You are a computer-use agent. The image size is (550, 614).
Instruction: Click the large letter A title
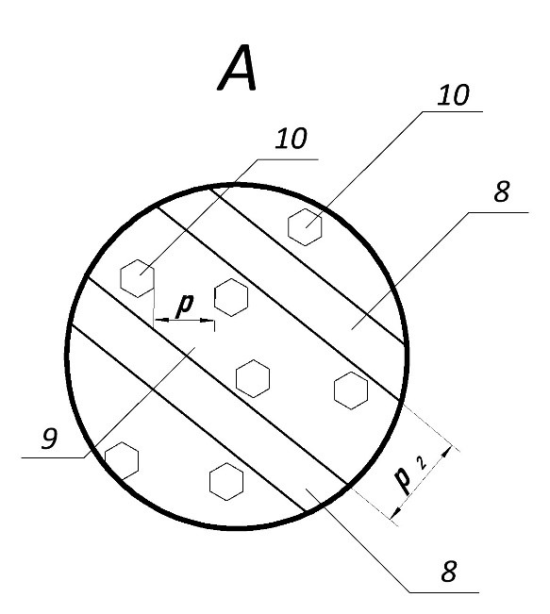click(238, 68)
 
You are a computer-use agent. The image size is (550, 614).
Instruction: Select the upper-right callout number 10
click(453, 95)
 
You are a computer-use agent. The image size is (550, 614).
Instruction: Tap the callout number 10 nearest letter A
click(292, 139)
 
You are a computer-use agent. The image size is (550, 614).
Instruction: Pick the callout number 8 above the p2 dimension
click(502, 191)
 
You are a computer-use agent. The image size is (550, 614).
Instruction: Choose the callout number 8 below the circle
click(449, 572)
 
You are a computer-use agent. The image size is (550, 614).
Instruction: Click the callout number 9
click(50, 439)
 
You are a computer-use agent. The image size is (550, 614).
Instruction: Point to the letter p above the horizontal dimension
click(185, 305)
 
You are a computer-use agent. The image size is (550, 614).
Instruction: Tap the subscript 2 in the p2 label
click(422, 463)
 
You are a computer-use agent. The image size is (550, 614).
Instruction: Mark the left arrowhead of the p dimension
click(161, 320)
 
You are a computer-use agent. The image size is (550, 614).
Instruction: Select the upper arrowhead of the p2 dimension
click(446, 453)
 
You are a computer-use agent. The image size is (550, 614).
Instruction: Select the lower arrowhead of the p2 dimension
click(397, 512)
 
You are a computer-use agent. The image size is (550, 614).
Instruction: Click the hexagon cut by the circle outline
click(122, 461)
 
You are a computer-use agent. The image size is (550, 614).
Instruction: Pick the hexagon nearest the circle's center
click(253, 378)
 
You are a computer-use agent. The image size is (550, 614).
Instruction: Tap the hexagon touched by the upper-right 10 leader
click(305, 227)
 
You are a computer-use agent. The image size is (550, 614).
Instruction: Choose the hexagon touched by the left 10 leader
click(137, 278)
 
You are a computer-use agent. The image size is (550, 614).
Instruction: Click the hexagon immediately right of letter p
click(231, 298)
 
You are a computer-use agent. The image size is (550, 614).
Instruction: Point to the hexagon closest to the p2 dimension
click(351, 390)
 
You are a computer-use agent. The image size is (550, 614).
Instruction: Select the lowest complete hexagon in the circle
click(226, 482)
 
